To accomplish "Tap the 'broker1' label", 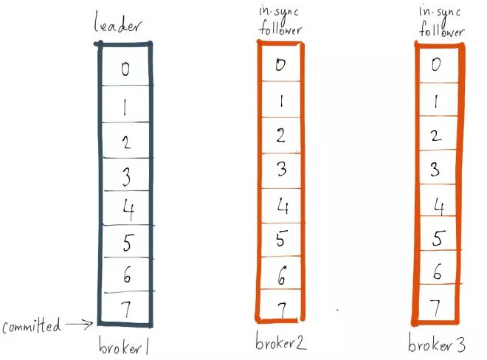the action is (125, 345).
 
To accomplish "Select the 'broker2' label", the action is (281, 342).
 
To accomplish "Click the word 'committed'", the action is (31, 326).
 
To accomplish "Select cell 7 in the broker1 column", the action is (125, 307).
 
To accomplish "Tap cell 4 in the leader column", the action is (125, 209).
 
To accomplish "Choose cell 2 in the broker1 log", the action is (125, 142).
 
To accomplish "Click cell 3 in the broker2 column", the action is (280, 170).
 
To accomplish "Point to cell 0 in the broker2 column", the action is (280, 64).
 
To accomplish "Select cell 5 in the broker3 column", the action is (438, 238).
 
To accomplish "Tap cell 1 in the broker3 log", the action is (438, 100).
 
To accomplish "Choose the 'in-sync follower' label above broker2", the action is (280, 21).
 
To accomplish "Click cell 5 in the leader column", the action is (125, 241).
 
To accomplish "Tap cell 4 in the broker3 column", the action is (438, 204).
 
